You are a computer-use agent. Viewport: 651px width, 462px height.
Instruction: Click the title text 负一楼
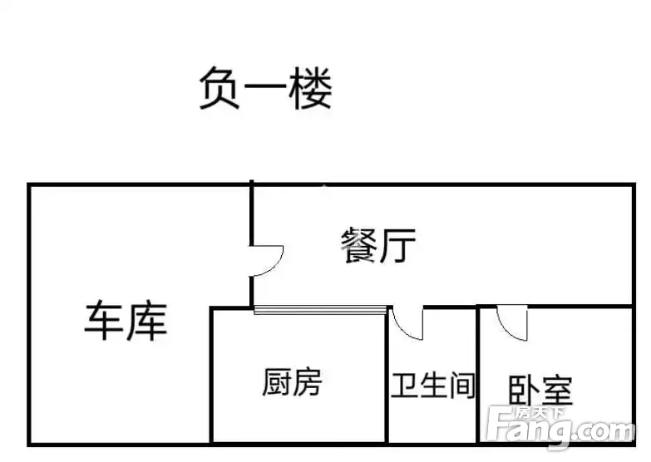(266, 88)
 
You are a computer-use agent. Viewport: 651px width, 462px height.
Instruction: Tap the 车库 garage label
(126, 322)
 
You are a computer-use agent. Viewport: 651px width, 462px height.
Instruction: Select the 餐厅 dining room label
(378, 245)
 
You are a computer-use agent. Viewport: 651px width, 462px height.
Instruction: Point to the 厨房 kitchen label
(293, 382)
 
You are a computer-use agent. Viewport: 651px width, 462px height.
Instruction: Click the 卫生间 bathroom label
(432, 386)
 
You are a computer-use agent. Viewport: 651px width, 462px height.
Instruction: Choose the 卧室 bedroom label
(540, 390)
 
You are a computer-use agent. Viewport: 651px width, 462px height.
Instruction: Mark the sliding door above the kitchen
(320, 310)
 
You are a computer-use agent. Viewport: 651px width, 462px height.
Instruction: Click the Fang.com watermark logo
(561, 428)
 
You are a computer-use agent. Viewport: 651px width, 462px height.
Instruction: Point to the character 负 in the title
(219, 88)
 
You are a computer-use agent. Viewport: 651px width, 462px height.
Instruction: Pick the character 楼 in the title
(311, 88)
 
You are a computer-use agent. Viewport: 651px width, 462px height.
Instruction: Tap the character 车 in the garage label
(104, 322)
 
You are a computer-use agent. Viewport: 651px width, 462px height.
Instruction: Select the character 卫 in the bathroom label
(404, 386)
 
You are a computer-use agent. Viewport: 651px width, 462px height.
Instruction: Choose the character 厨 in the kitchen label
(277, 382)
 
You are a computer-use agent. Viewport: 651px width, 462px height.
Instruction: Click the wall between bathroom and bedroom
(478, 375)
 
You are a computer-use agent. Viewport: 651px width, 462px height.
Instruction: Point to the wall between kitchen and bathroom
(387, 375)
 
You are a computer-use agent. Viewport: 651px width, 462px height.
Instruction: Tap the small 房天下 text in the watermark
(539, 413)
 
